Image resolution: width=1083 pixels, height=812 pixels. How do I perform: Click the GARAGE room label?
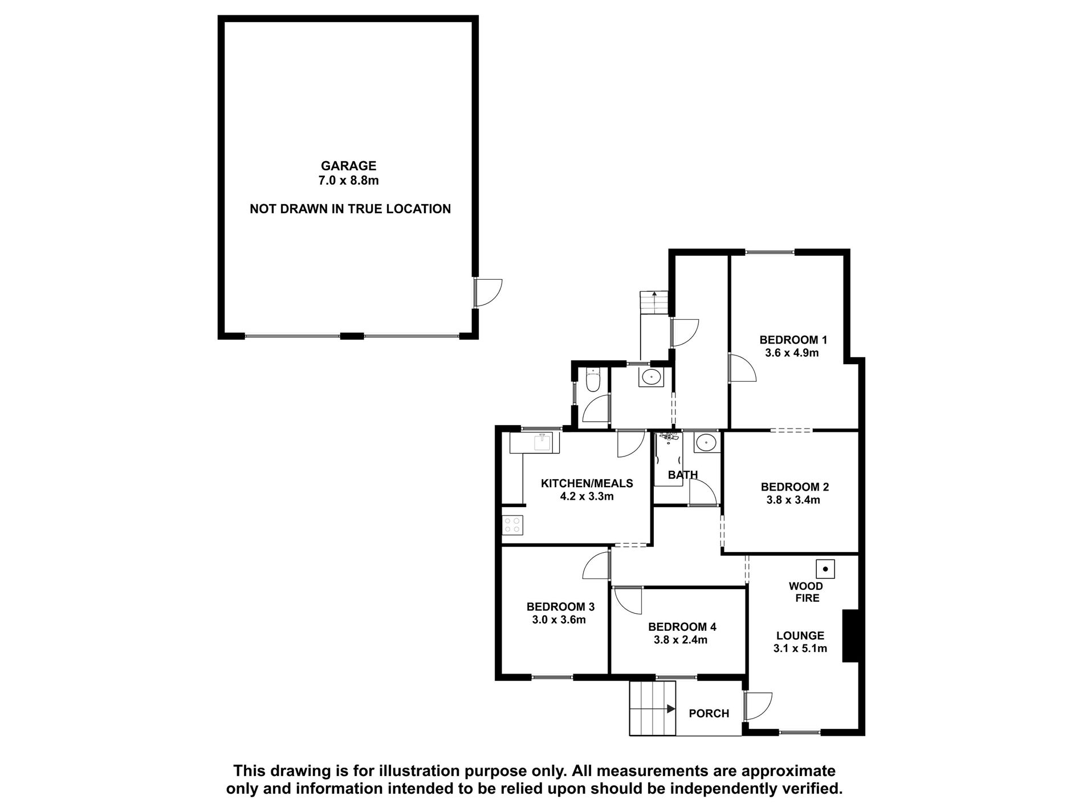tap(348, 166)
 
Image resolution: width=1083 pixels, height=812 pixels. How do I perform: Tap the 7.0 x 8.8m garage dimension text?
tap(348, 181)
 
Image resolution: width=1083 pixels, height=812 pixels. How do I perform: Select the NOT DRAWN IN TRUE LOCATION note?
tap(350, 209)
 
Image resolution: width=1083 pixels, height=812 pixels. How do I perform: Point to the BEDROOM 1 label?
tap(793, 340)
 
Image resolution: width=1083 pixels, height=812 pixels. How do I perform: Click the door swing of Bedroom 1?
tap(742, 368)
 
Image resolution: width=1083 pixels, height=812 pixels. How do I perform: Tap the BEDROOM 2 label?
tap(795, 487)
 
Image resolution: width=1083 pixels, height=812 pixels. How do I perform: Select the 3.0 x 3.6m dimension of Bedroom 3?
tap(559, 620)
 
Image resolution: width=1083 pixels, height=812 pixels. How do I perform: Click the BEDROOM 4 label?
tap(682, 627)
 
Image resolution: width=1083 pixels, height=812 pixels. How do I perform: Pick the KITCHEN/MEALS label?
tap(587, 483)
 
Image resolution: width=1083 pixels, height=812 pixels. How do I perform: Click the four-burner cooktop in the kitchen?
tap(513, 525)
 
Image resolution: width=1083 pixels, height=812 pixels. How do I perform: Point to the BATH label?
tap(683, 475)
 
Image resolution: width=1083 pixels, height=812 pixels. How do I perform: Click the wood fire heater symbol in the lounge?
tap(825, 569)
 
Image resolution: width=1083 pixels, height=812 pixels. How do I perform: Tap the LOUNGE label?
tap(800, 636)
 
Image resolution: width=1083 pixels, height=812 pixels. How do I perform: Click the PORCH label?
tap(709, 713)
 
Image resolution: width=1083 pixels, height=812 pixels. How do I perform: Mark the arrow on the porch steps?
tap(670, 709)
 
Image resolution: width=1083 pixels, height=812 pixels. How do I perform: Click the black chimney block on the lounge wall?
tap(850, 636)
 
